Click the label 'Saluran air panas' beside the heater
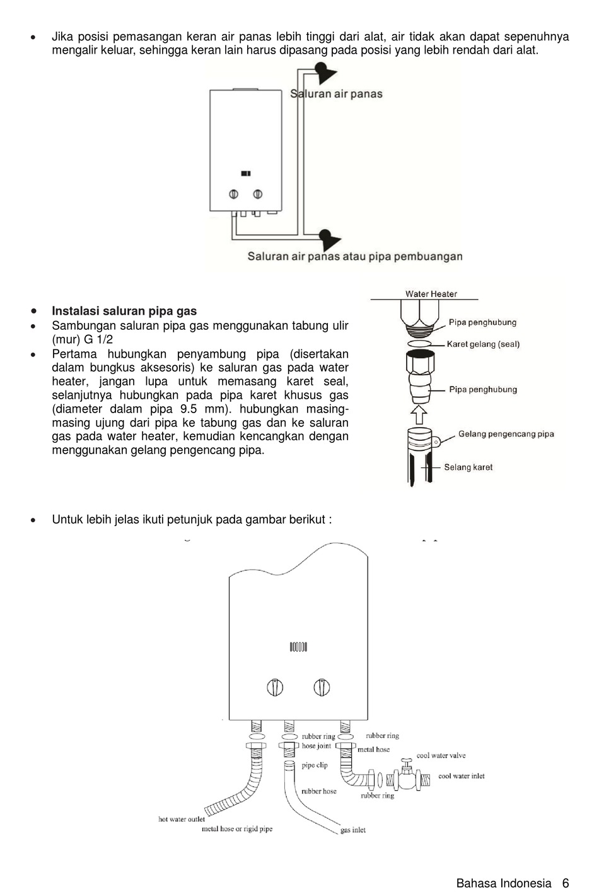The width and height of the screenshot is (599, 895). point(336,94)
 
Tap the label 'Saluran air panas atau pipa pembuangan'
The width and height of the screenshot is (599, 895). point(354,257)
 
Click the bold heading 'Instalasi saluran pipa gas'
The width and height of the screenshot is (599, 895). point(124,311)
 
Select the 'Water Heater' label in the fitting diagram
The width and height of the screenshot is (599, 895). point(431,294)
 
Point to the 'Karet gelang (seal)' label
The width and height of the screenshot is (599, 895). point(483,344)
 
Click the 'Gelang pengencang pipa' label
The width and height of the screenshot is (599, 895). point(506,434)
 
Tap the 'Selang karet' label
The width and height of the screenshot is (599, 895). point(468,467)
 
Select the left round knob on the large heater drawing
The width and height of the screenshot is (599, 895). point(275,687)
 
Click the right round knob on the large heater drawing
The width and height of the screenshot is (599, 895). point(322,687)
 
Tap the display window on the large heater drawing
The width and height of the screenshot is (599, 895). point(298,646)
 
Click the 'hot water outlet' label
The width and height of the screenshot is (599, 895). point(182,819)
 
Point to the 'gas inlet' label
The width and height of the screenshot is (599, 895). point(353,830)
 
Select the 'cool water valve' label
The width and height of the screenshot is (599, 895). point(441,756)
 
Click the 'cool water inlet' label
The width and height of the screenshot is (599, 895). point(462,776)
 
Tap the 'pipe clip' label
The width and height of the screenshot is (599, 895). point(315,766)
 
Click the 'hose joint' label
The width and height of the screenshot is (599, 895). point(316,746)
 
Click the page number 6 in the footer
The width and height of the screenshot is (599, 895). point(566,884)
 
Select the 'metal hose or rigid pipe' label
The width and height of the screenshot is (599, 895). point(237,829)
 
